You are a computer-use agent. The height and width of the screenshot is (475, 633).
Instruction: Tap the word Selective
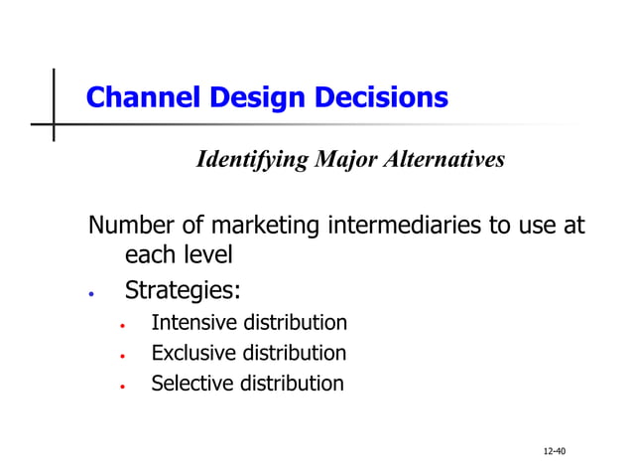tap(191, 384)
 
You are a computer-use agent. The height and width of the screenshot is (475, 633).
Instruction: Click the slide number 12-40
tap(553, 453)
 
